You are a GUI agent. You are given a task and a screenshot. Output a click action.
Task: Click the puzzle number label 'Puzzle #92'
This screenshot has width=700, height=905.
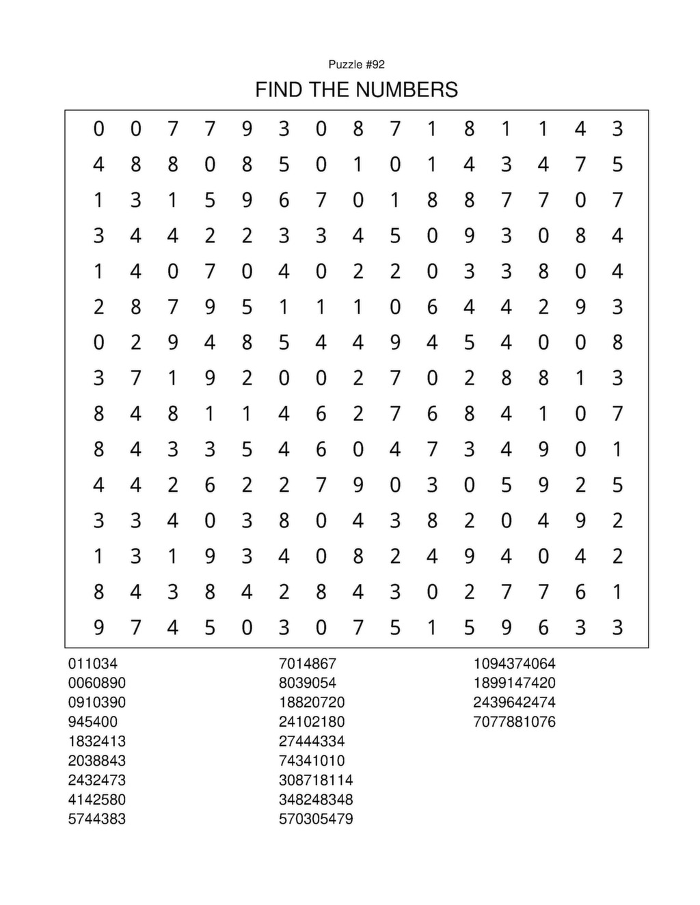pyautogui.click(x=356, y=64)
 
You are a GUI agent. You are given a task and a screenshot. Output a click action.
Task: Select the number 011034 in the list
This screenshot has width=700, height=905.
pyautogui.click(x=92, y=663)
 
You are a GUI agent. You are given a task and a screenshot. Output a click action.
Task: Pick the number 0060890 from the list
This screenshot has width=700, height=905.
pyautogui.click(x=96, y=683)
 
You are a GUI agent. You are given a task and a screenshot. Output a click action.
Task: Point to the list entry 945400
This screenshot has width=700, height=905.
pyautogui.click(x=92, y=722)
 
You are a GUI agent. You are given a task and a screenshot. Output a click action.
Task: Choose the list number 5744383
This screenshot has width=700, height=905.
pyautogui.click(x=96, y=819)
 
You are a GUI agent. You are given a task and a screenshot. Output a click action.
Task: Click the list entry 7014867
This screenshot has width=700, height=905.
pyautogui.click(x=307, y=663)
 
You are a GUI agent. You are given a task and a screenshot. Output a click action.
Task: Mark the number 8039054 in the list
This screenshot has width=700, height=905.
pyautogui.click(x=307, y=683)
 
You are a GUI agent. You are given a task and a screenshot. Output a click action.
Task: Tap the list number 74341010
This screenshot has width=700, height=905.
pyautogui.click(x=311, y=761)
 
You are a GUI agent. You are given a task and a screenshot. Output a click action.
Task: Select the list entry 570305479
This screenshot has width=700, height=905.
pyautogui.click(x=315, y=819)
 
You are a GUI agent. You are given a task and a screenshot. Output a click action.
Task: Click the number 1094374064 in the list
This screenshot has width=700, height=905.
pyautogui.click(x=514, y=663)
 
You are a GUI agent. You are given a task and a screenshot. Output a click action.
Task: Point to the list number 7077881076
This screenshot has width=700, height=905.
pyautogui.click(x=514, y=722)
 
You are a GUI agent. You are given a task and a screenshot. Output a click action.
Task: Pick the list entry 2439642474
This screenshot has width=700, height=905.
pyautogui.click(x=514, y=702)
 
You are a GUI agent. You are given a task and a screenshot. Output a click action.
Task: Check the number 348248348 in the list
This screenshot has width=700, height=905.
pyautogui.click(x=315, y=800)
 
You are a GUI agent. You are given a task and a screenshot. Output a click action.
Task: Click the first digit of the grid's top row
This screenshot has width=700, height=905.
pyautogui.click(x=99, y=128)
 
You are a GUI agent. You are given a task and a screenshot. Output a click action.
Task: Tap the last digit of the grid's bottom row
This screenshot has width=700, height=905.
pyautogui.click(x=617, y=627)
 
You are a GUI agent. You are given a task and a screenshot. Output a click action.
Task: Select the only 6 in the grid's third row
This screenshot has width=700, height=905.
pyautogui.click(x=284, y=200)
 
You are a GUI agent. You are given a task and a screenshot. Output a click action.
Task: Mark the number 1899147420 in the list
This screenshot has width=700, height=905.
pyautogui.click(x=514, y=683)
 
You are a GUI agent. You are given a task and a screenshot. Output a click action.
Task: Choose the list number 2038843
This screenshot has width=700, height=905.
pyautogui.click(x=96, y=761)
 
